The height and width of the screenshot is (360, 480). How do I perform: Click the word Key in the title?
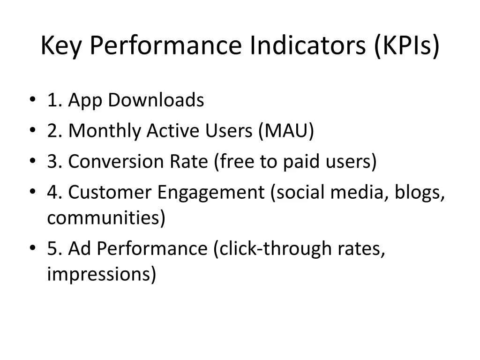(x=61, y=45)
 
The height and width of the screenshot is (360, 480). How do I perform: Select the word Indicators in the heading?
(x=307, y=45)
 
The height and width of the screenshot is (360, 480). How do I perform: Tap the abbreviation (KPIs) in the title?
(x=407, y=46)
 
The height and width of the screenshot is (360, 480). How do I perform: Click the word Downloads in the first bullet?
(x=156, y=100)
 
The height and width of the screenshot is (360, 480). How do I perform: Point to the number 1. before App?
(x=55, y=100)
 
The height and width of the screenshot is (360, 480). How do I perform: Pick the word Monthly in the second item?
(x=105, y=132)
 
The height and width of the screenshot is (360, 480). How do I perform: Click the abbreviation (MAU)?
(x=286, y=131)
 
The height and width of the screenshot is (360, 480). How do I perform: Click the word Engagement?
(x=210, y=193)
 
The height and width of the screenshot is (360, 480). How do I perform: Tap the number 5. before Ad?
(x=55, y=248)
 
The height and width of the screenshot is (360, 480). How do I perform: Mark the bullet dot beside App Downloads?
(x=32, y=99)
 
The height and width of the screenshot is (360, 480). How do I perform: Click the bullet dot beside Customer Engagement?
(x=32, y=191)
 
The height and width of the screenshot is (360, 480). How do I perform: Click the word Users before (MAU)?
(x=228, y=131)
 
